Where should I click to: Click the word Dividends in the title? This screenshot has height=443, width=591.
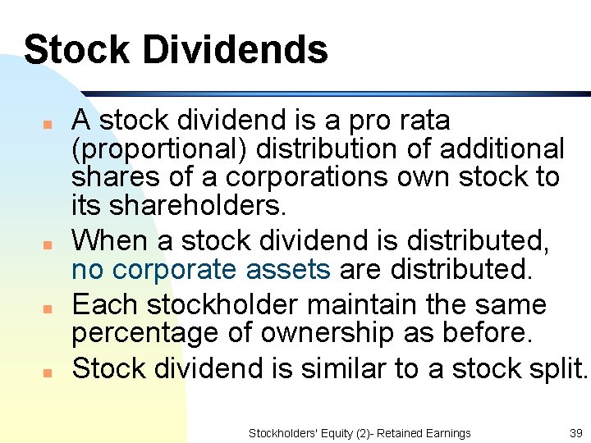pyautogui.click(x=235, y=49)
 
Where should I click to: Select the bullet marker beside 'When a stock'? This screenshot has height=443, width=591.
pyautogui.click(x=48, y=244)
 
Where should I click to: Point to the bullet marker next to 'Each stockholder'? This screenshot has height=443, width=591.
pyautogui.click(x=48, y=309)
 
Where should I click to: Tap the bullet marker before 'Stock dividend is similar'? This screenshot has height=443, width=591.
pyautogui.click(x=48, y=372)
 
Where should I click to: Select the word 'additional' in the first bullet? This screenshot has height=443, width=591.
pyautogui.click(x=502, y=149)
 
